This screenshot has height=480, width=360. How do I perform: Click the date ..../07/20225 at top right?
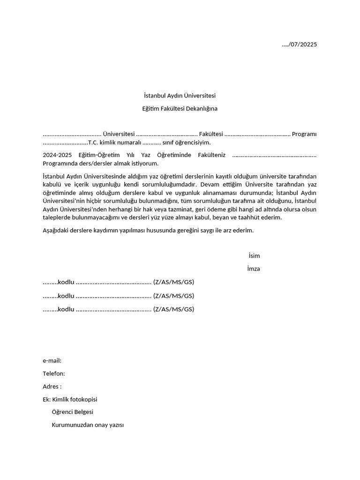299,45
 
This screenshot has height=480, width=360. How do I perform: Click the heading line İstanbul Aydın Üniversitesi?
180,96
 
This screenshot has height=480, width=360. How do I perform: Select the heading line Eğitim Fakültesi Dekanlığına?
180,109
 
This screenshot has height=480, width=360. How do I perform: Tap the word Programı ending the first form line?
304,135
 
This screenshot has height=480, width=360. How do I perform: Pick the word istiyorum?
144,164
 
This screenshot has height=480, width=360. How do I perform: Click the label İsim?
254,256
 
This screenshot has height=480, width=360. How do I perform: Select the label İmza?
254,269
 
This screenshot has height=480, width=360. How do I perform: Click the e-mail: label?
52,360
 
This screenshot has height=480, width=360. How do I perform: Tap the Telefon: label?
54,374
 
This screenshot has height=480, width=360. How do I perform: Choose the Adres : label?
52,387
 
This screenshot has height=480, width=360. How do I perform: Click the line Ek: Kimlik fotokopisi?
70,399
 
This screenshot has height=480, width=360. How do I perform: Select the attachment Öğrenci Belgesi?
73,412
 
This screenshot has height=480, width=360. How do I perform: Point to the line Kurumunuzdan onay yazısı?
88,425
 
